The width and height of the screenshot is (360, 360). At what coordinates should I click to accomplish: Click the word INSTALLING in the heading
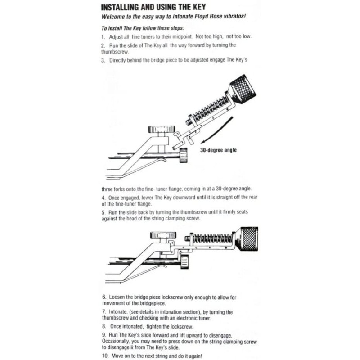pyautogui.click(x=125, y=8)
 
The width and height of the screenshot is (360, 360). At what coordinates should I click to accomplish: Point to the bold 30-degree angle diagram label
pyautogui.click(x=218, y=150)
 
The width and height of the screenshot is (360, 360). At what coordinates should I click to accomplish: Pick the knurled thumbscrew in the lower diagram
pyautogui.click(x=248, y=239)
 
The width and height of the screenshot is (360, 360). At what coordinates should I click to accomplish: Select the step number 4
pyautogui.click(x=103, y=197)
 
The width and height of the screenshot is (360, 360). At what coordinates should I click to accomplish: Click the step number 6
pyautogui.click(x=103, y=297)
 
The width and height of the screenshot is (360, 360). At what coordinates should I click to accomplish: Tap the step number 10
pyautogui.click(x=105, y=355)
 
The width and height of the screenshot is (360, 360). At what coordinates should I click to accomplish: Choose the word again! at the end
pyautogui.click(x=200, y=355)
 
